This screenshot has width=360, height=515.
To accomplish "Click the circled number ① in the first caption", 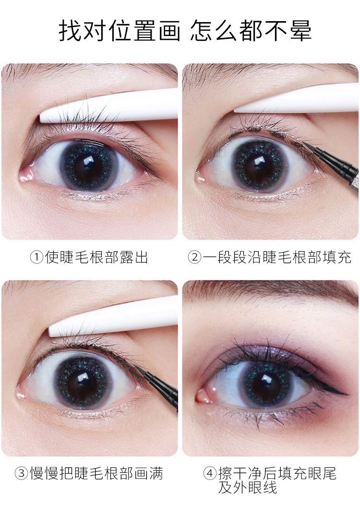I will pos(36,257).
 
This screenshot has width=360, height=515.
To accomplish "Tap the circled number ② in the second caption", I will pos(194,257).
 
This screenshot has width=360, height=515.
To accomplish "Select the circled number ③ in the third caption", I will pos(21,474).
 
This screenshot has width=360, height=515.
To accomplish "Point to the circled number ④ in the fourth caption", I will pos(210,474).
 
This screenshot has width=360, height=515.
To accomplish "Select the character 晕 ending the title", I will pos(300,31).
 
